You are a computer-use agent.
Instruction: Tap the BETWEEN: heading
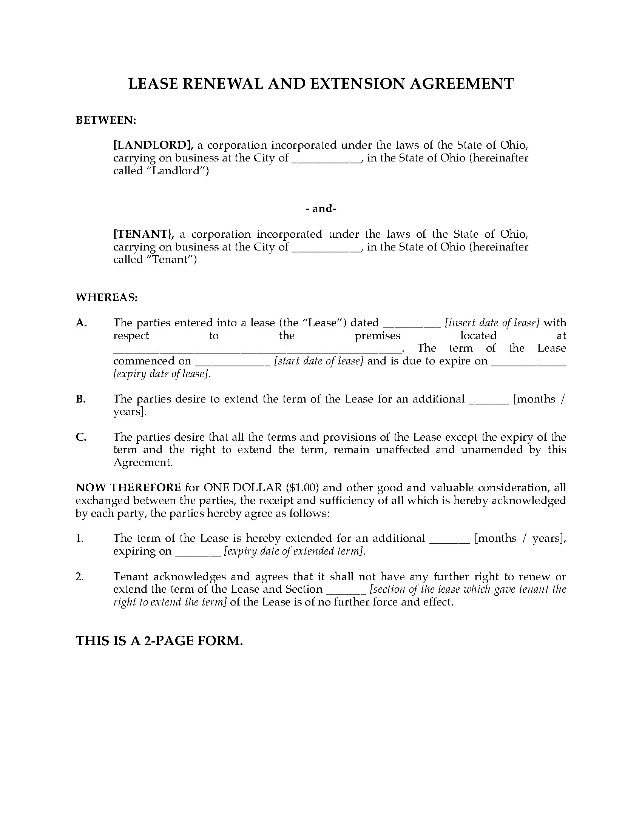click(106, 120)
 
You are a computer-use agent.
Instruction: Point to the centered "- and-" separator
click(321, 209)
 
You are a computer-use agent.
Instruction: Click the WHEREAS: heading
click(107, 298)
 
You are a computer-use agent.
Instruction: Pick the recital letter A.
click(82, 323)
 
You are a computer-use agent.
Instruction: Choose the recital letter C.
click(82, 437)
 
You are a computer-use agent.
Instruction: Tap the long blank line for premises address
click(257, 350)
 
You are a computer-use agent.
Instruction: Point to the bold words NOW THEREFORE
click(128, 488)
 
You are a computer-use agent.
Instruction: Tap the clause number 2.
click(79, 577)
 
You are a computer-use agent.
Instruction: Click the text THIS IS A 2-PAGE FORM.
click(159, 641)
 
